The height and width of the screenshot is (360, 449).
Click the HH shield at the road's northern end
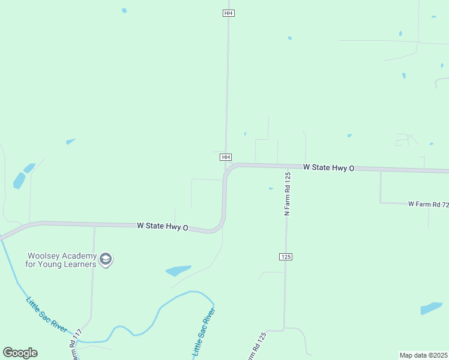coord(228,13)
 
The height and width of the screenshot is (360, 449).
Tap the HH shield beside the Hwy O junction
coord(226,157)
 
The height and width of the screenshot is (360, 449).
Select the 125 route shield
coord(285,256)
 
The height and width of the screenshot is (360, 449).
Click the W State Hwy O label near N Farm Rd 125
coord(329,167)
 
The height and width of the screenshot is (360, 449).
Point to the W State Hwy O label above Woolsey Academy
coord(163,226)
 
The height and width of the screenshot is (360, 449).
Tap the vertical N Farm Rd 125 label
coord(288,193)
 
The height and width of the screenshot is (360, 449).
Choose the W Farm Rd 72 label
coord(428,205)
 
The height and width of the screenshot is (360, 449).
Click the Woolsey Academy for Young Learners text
coord(61,259)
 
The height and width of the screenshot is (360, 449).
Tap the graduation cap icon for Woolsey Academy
coord(106,259)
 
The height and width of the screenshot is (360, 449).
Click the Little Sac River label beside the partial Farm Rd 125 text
coord(203,332)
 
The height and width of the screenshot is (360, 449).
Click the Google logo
coord(20,353)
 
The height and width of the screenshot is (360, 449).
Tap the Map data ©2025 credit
coord(424,355)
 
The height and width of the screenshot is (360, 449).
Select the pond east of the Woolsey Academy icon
coord(178,271)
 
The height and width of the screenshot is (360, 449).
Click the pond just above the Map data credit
coord(431,308)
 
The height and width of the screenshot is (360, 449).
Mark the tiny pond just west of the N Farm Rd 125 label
coord(271,188)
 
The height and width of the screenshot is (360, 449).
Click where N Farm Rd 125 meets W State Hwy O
coord(287,166)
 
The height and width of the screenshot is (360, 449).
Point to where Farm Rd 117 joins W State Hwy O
coord(94,226)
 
